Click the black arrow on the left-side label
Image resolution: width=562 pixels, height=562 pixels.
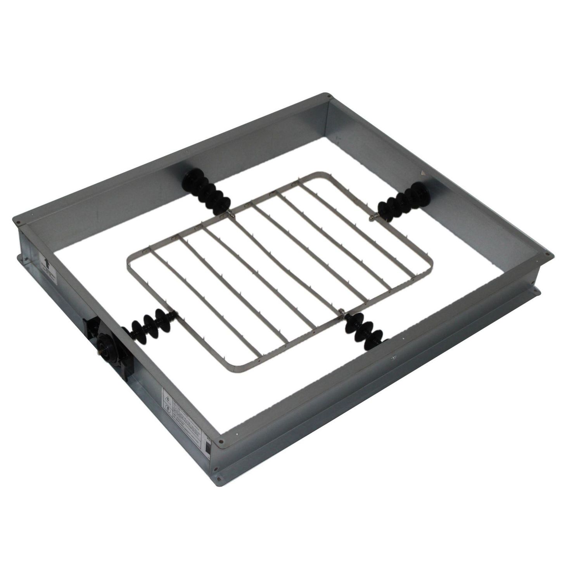[x=46, y=263]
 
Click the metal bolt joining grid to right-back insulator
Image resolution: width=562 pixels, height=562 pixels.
[x=373, y=218]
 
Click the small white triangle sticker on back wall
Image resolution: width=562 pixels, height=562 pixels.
[x=423, y=173]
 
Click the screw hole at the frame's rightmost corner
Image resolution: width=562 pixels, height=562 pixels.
[x=547, y=255]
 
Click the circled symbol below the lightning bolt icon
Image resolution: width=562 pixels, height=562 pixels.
[x=168, y=408]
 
